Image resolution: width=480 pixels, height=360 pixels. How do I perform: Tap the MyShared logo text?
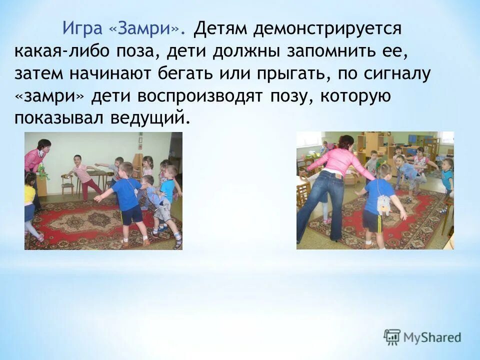click(x=433, y=337)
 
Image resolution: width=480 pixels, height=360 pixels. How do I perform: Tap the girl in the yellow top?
click(x=30, y=200)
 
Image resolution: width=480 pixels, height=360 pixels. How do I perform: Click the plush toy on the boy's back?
click(x=384, y=205)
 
